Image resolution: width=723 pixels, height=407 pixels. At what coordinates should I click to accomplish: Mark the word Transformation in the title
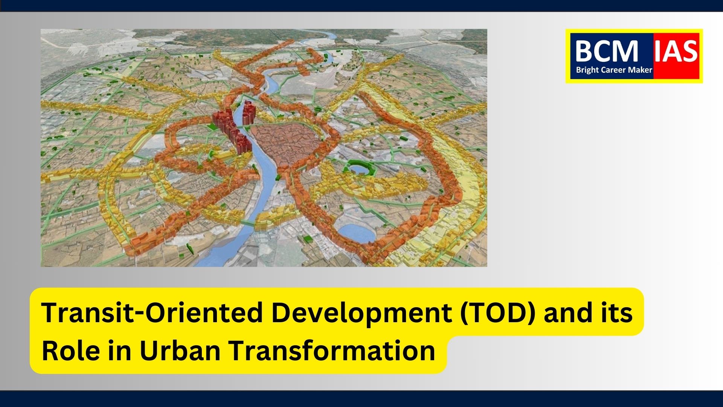point(332,350)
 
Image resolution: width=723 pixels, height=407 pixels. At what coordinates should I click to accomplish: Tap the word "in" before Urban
point(120,350)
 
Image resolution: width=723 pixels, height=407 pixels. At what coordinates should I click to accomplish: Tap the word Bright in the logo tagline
point(587,70)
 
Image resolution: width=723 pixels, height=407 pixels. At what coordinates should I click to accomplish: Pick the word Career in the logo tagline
point(612,70)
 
